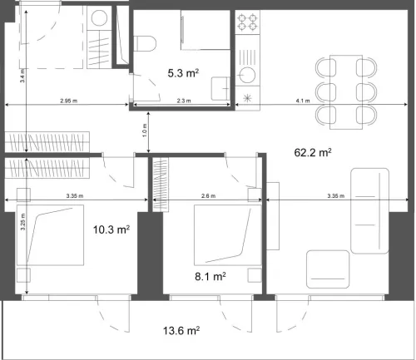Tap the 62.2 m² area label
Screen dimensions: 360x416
click(314, 153)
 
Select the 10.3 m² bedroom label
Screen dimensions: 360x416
click(111, 229)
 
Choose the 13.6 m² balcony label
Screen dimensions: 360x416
click(181, 330)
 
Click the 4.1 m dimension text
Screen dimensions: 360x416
click(303, 101)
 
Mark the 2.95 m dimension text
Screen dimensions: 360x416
click(69, 101)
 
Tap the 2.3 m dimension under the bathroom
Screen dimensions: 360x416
click(184, 101)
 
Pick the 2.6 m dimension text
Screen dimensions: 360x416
click(207, 196)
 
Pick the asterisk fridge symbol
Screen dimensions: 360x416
click(247, 99)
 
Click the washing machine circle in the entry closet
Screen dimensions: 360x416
click(100, 17)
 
